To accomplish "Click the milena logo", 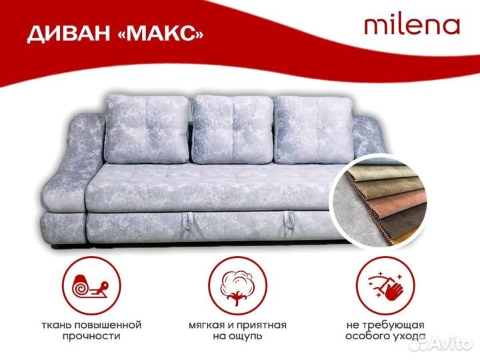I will click(x=411, y=25).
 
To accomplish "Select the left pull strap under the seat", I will click(x=193, y=217).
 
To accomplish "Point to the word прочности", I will click(x=92, y=337).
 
